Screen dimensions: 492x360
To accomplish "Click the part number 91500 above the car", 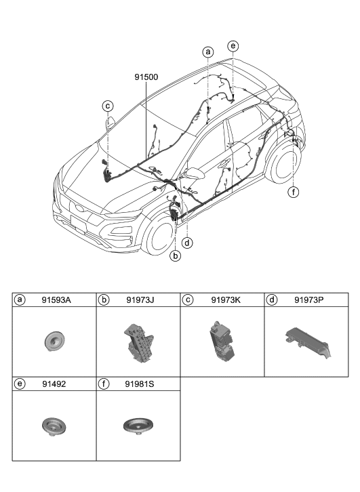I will pyautogui.click(x=146, y=78).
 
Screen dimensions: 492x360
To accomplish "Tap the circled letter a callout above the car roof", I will pyautogui.click(x=208, y=52).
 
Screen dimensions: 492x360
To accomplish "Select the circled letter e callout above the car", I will pyautogui.click(x=233, y=46).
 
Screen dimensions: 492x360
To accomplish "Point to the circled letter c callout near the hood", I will pyautogui.click(x=108, y=105).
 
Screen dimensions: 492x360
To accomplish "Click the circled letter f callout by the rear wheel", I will pyautogui.click(x=293, y=192).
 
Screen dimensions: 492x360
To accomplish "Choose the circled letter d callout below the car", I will pyautogui.click(x=186, y=241).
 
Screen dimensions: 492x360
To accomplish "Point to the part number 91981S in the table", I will pyautogui.click(x=140, y=384).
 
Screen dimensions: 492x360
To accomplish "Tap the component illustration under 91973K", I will pyautogui.click(x=221, y=342).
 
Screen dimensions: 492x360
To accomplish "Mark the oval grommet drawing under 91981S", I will pyautogui.click(x=138, y=426).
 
